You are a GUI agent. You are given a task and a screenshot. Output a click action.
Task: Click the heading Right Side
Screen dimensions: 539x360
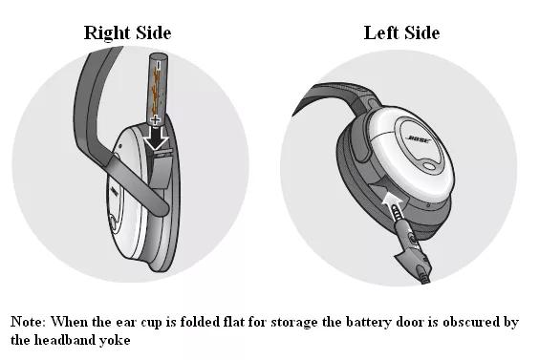tap(127, 33)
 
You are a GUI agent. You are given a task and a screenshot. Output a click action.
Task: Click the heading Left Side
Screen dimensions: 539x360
tap(401, 33)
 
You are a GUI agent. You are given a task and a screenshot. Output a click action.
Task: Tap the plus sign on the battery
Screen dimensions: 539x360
tap(156, 120)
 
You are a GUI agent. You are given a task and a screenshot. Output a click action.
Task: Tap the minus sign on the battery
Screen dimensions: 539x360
tap(158, 65)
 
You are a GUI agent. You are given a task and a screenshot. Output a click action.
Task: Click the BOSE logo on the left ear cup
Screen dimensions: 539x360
tap(419, 139)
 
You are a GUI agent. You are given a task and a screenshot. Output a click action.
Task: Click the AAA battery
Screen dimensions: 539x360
tap(158, 89)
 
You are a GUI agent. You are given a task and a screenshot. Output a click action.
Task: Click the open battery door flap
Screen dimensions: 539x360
tap(161, 171)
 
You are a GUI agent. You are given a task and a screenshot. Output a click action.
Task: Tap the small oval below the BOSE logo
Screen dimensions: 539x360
tap(429, 166)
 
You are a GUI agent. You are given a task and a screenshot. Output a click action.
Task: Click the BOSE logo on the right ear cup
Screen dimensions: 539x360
tap(114, 192)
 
